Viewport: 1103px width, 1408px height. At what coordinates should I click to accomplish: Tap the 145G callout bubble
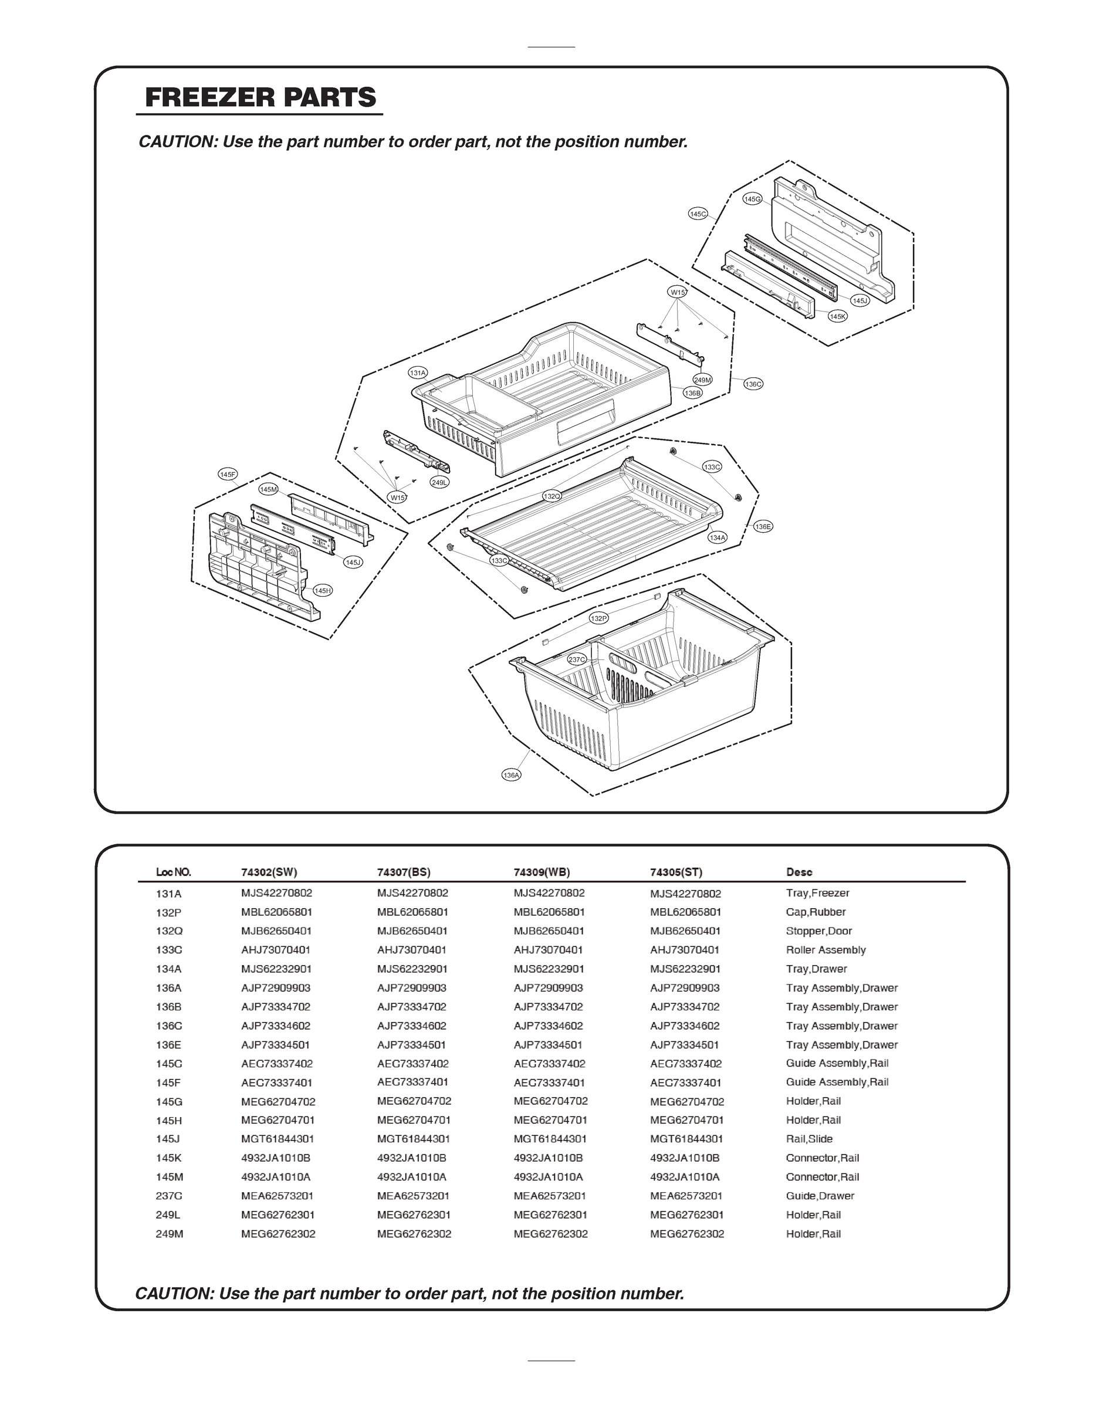click(x=752, y=199)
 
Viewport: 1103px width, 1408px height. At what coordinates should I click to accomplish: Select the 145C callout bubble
click(x=698, y=214)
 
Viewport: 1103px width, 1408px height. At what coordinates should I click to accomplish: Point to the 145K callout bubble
click(x=838, y=316)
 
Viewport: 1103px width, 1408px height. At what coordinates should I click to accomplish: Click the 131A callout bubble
click(x=418, y=373)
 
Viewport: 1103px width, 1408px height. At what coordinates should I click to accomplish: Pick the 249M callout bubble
click(x=703, y=380)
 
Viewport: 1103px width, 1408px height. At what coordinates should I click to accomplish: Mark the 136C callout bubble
click(x=753, y=384)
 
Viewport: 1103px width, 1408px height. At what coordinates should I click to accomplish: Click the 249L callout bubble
click(x=440, y=482)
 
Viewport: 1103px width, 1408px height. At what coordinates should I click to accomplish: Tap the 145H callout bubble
click(x=322, y=591)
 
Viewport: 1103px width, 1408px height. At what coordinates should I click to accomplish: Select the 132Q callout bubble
click(x=551, y=496)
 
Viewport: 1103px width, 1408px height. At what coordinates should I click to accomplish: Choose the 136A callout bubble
click(x=511, y=776)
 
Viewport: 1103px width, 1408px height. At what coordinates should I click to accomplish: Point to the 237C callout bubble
click(x=577, y=659)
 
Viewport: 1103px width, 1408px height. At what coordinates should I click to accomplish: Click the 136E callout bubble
click(x=763, y=527)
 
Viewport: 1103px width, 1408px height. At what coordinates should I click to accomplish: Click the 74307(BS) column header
click(x=404, y=872)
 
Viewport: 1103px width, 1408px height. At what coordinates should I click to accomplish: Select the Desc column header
click(x=799, y=872)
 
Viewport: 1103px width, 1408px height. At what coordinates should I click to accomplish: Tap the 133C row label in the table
click(x=169, y=950)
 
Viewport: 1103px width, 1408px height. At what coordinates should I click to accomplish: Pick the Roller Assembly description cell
click(x=825, y=950)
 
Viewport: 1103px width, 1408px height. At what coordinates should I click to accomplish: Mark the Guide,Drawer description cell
click(x=820, y=1196)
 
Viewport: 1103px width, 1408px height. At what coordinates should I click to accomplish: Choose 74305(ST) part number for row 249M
click(x=687, y=1234)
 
